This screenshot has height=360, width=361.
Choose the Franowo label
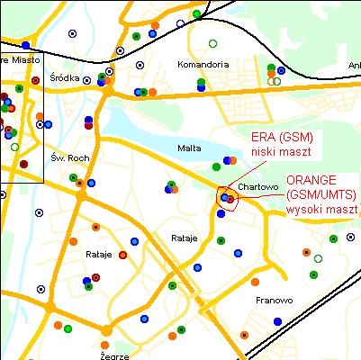click(x=273, y=300)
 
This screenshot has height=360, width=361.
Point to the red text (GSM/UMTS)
click(x=321, y=194)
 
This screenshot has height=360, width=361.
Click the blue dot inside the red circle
click(x=224, y=196)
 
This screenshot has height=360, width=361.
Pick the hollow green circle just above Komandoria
click(x=212, y=43)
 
